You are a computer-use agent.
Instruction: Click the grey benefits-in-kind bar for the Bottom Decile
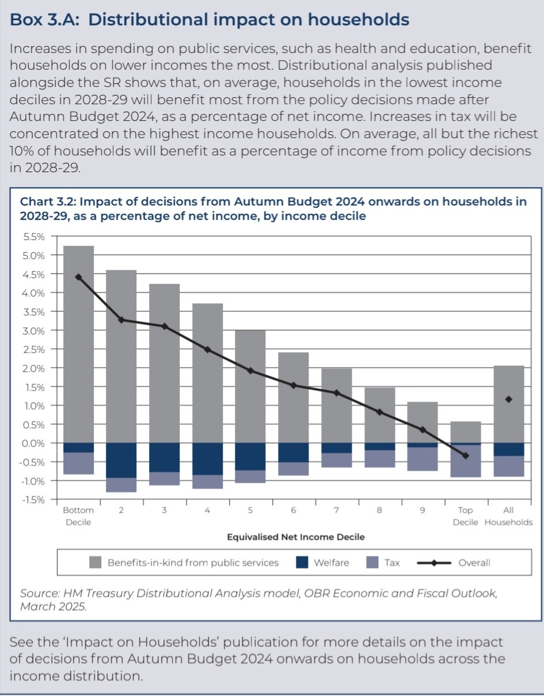pyautogui.click(x=78, y=344)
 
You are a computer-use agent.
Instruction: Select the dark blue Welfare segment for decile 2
pyautogui.click(x=121, y=461)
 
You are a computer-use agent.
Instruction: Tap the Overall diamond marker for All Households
pyautogui.click(x=508, y=400)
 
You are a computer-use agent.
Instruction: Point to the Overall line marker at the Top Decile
pyautogui.click(x=466, y=455)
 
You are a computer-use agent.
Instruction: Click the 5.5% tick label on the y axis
pyautogui.click(x=34, y=237)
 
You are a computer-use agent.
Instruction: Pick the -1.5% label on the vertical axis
pyautogui.click(x=32, y=500)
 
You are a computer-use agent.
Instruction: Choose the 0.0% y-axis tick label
pyautogui.click(x=33, y=444)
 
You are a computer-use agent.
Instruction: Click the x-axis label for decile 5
pyautogui.click(x=250, y=510)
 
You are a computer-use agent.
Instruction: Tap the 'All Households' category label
pyautogui.click(x=508, y=516)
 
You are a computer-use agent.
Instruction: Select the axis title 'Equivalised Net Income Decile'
pyautogui.click(x=296, y=537)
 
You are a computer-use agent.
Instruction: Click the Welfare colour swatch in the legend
pyautogui.click(x=302, y=562)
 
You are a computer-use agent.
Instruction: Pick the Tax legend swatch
pyautogui.click(x=372, y=562)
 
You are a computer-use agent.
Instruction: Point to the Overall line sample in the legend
pyautogui.click(x=434, y=563)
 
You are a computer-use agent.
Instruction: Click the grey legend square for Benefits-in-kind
pyautogui.click(x=95, y=562)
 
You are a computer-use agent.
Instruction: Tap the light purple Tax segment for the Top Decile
pyautogui.click(x=466, y=461)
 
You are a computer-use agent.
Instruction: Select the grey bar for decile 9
pyautogui.click(x=423, y=423)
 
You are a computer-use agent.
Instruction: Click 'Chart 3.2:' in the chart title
pyautogui.click(x=48, y=202)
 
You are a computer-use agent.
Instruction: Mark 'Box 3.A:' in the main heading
pyautogui.click(x=44, y=20)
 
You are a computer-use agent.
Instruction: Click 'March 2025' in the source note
pyautogui.click(x=53, y=607)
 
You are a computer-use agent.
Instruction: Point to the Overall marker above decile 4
pyautogui.click(x=207, y=349)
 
